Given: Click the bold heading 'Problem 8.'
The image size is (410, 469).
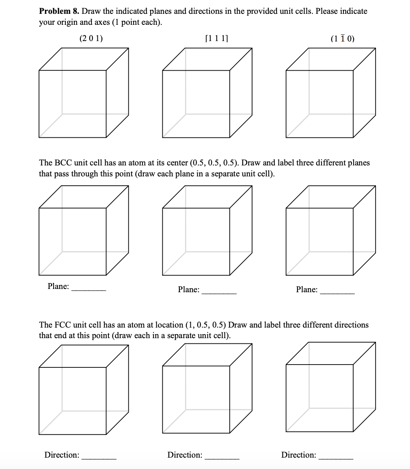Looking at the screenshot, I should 59,11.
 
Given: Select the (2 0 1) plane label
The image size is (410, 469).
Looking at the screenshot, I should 91,39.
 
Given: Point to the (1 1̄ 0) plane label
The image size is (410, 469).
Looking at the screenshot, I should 343,39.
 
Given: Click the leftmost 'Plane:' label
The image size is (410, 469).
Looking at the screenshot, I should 58,287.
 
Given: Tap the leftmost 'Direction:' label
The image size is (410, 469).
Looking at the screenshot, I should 62,455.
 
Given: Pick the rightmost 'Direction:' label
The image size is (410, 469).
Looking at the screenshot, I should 299,455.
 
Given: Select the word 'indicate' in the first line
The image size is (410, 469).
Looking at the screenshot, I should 353,11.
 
